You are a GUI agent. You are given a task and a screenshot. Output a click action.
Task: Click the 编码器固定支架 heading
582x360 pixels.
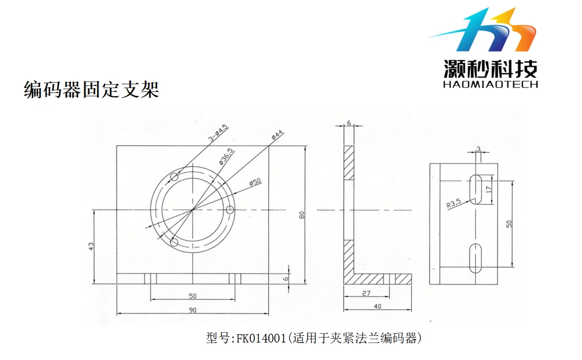pos(91,89)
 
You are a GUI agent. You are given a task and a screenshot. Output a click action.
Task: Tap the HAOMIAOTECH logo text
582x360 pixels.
pos(490,84)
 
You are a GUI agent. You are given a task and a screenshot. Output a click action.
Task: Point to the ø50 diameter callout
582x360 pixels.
pos(255,182)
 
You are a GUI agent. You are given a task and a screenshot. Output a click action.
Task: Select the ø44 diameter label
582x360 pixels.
pos(276,135)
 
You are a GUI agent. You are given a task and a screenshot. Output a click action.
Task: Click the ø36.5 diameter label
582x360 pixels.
pos(227,156)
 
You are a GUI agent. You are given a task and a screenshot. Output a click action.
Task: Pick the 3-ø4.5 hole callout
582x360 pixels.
pos(218,133)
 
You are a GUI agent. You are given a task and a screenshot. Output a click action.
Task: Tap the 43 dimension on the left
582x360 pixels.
pos(91,247)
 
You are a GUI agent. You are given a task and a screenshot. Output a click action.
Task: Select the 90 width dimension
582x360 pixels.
pos(192,310)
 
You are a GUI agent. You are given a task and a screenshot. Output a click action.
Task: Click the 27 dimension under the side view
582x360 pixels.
pos(366,293)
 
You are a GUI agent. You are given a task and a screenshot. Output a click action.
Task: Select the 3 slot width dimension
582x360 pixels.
pos(478,149)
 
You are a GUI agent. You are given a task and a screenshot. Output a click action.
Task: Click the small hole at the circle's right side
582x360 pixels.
pos(231,210)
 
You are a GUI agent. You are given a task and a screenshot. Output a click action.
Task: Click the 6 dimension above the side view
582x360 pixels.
pos(349,124)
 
